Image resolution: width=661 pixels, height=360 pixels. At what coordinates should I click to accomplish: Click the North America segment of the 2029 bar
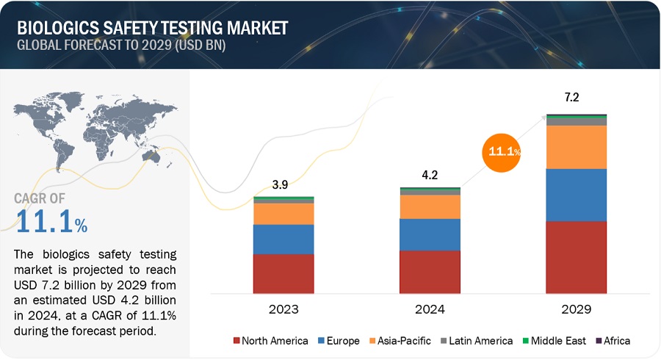click(x=576, y=257)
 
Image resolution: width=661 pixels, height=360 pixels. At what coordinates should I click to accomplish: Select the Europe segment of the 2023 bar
click(x=283, y=240)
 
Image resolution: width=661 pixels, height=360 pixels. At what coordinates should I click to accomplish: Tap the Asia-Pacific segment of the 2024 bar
click(x=430, y=206)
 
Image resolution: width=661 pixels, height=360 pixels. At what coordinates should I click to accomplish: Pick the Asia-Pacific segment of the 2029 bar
click(x=576, y=147)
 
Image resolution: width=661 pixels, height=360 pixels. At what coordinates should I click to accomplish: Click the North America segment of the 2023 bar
click(x=283, y=274)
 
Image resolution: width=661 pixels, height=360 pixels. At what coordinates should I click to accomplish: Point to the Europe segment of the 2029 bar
click(x=576, y=195)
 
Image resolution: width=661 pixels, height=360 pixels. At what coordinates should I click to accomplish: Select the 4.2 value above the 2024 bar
click(x=430, y=176)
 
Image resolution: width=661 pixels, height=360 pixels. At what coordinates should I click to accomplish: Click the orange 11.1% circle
click(x=502, y=152)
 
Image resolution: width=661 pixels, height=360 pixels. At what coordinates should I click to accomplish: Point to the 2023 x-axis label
click(x=283, y=309)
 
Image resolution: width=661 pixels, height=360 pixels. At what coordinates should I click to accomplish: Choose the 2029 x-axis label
click(x=576, y=309)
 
